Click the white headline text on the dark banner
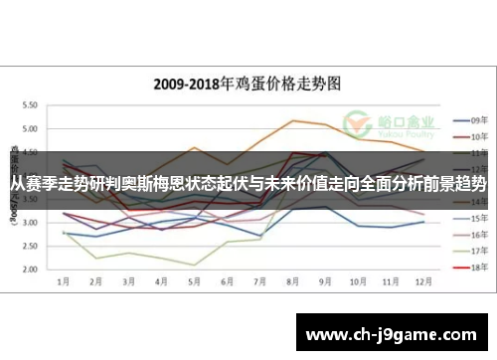(248, 185)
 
